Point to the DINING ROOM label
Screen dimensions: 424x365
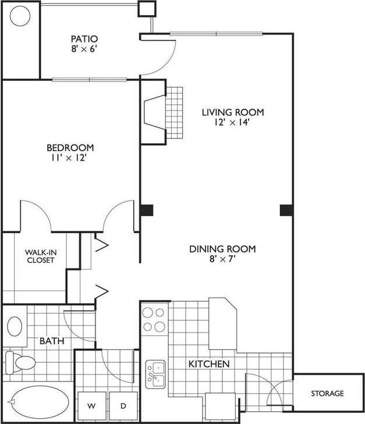tap(222, 249)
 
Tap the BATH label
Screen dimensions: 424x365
tap(52, 341)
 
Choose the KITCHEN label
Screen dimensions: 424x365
tap(208, 364)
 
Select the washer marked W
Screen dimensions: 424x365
tap(92, 405)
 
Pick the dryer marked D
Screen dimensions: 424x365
tap(123, 405)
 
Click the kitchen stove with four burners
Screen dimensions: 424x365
tap(155, 319)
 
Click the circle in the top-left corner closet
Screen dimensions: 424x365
tap(20, 16)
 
